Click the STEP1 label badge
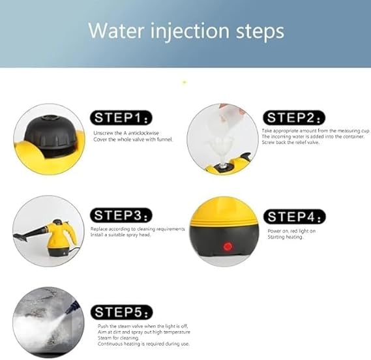pos(121,117)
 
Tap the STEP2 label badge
pos(294,117)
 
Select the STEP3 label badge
pos(121,215)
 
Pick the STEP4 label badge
pos(295,217)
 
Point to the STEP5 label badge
pos(122,312)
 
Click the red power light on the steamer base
pos(228,247)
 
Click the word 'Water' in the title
pos(116,31)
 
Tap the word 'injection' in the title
pos(190,32)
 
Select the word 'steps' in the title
pos(260,33)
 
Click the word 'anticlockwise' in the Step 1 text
pos(143,133)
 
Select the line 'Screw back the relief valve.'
pos(291,142)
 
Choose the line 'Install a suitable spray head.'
pos(121,235)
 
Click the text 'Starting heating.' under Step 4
pos(286,237)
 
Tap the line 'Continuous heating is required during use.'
pos(143,344)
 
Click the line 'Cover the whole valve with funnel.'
pos(133,139)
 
